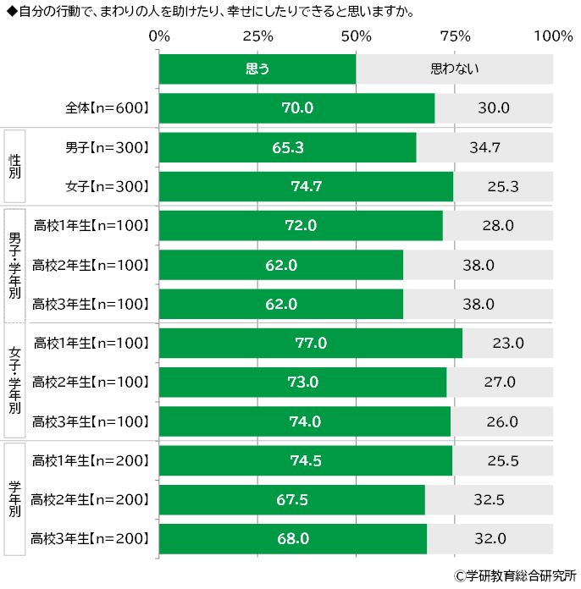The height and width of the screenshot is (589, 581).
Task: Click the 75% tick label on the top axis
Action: tap(455, 36)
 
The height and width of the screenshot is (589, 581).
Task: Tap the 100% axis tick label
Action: tap(554, 36)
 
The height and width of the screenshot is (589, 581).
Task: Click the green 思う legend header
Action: tap(257, 69)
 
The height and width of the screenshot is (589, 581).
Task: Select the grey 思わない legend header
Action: tap(455, 69)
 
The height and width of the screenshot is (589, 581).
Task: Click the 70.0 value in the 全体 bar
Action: tap(297, 108)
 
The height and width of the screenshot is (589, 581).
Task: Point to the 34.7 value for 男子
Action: tap(485, 147)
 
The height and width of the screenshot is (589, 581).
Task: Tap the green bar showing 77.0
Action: tap(310, 343)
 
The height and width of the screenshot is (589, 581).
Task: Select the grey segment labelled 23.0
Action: tap(508, 343)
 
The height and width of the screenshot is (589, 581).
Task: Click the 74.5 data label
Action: tap(306, 460)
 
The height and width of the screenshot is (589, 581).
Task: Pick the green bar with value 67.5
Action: tap(291, 499)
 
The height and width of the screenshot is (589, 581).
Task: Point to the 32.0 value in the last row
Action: tap(490, 538)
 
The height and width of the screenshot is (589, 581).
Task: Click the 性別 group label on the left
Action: tap(14, 166)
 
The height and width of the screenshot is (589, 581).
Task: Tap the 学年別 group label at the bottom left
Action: tap(14, 499)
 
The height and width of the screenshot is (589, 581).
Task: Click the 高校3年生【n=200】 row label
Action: tap(90, 538)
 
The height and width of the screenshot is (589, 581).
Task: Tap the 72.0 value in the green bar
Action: tap(301, 226)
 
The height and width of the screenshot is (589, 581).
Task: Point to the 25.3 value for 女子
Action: tap(503, 186)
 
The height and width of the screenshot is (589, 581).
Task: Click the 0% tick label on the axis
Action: tap(158, 36)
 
